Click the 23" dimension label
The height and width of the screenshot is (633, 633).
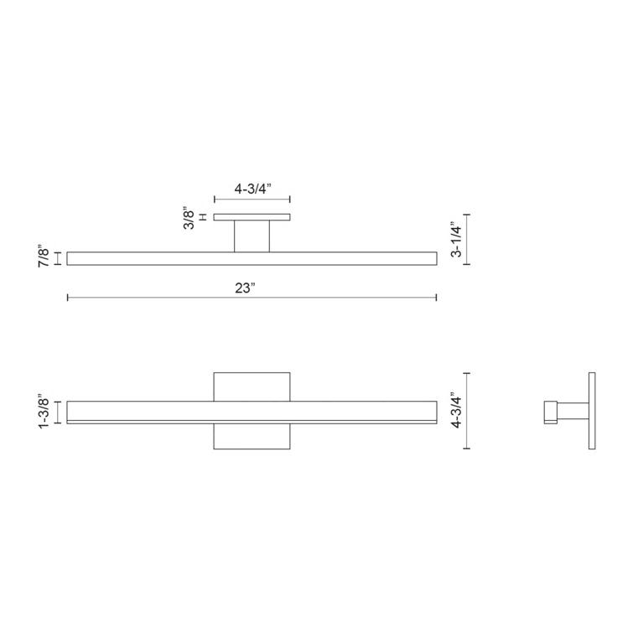coord(245,287)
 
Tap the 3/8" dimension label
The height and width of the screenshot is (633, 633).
coord(190,220)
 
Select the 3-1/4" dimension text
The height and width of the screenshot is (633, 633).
coord(455,239)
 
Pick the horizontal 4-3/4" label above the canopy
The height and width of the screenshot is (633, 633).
coord(252,189)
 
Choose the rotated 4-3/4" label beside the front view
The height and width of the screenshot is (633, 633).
coord(457,411)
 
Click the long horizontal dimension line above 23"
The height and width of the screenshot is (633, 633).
coord(252,297)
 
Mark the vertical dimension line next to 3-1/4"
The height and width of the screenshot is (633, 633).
coord(467,239)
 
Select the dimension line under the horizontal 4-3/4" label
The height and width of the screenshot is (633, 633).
coord(252,200)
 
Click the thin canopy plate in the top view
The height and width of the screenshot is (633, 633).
coord(252,217)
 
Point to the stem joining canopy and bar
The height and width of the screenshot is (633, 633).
coord(252,236)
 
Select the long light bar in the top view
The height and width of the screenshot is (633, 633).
coord(252,258)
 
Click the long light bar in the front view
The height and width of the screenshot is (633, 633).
coord(252,412)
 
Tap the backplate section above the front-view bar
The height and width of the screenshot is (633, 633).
coord(252,386)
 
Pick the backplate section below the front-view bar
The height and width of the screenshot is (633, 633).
coord(252,437)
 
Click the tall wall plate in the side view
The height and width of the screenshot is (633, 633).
coord(591,411)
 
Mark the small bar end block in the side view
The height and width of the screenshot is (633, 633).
coord(551,411)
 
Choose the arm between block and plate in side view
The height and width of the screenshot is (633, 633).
coord(573,411)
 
